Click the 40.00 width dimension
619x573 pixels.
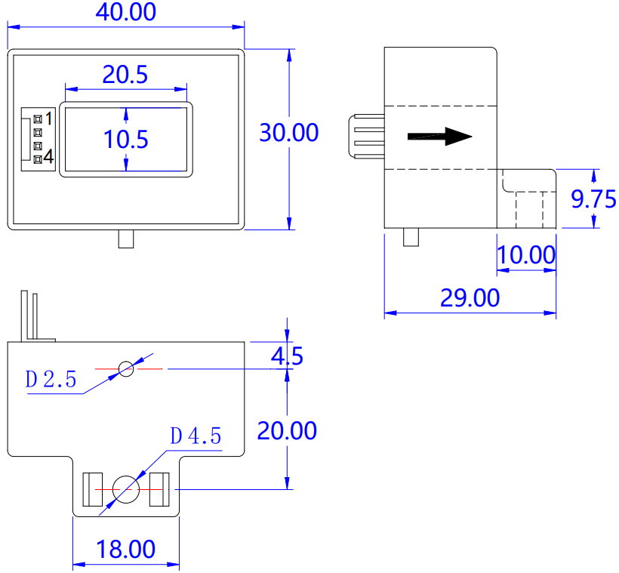(125, 13)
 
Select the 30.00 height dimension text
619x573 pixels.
(289, 132)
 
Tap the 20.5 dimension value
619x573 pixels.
(125, 74)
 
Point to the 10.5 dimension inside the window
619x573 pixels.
(125, 139)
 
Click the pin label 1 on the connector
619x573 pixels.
(48, 118)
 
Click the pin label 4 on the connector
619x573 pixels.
(48, 157)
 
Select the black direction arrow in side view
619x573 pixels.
(439, 137)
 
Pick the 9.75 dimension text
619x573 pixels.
(594, 199)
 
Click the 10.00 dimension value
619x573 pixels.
(526, 254)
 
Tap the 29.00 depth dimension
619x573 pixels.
(470, 298)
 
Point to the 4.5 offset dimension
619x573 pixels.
(287, 356)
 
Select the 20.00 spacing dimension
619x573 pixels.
(287, 430)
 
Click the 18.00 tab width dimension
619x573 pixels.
(125, 549)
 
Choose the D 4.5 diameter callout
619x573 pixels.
(196, 436)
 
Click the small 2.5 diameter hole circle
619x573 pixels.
(126, 368)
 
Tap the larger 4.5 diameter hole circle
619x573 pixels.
(125, 490)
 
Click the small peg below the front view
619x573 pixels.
(126, 239)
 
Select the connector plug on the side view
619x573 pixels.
(367, 137)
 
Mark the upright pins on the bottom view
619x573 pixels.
(30, 315)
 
